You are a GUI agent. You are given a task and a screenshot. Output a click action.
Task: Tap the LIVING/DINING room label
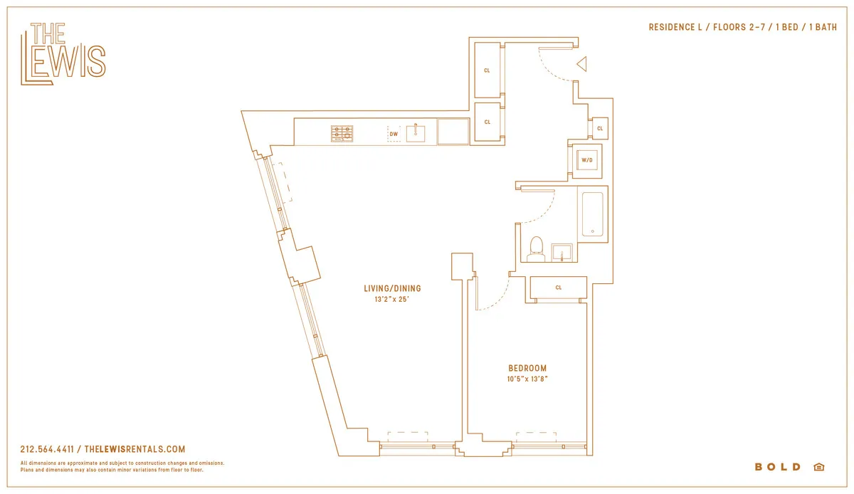tap(392, 288)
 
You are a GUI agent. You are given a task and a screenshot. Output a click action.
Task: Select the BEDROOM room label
tap(527, 368)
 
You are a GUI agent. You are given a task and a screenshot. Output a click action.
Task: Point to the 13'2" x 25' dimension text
tap(392, 300)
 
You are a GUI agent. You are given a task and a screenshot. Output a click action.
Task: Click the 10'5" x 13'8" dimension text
tap(527, 379)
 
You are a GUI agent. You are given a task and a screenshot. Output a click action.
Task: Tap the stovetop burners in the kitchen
tap(342, 133)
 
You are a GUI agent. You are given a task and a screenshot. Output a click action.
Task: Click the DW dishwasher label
tap(393, 134)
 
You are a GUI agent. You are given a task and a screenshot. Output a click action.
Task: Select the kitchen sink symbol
tap(415, 133)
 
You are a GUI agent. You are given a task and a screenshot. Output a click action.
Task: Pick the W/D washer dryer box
tap(587, 160)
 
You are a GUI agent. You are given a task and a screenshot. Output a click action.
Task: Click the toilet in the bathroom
tap(536, 248)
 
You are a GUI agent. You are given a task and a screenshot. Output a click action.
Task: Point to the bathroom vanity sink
tap(563, 252)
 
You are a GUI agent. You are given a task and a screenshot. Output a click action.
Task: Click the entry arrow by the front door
tap(581, 65)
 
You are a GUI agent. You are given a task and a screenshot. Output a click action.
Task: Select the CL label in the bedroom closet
tap(559, 288)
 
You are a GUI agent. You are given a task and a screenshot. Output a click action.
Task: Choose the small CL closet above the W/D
tap(600, 128)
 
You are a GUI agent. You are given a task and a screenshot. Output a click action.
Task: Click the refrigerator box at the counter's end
tap(453, 132)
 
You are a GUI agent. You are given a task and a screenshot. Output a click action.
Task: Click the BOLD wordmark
tap(778, 467)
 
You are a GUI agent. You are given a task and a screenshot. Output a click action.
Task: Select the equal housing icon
tap(818, 467)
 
